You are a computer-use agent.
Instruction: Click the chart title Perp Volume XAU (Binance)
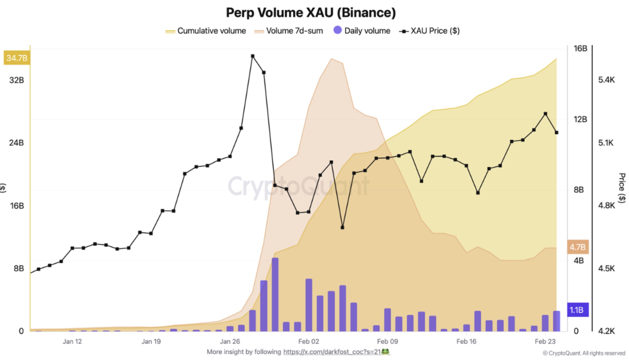[311, 13]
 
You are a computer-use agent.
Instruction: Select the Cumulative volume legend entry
[206, 31]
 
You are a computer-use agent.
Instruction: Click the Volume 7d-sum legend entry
[289, 31]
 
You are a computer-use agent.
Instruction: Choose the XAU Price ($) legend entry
[430, 31]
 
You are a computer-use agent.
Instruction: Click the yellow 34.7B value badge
[17, 58]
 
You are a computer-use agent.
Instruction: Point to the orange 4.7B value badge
[578, 247]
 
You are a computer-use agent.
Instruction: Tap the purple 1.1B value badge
[578, 310]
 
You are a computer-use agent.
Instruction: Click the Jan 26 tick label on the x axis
[230, 341]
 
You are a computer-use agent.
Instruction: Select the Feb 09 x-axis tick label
[387, 341]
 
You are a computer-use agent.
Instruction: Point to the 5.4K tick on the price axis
[606, 80]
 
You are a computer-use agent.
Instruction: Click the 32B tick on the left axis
[16, 80]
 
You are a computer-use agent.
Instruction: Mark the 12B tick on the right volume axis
[580, 119]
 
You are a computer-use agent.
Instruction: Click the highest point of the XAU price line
[253, 56]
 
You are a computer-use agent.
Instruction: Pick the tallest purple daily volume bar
[275, 294]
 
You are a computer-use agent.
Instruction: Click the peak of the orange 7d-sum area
[331, 59]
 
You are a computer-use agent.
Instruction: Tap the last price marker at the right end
[557, 133]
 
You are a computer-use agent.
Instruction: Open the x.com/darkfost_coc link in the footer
[332, 352]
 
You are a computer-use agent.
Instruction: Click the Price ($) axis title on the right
[622, 188]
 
